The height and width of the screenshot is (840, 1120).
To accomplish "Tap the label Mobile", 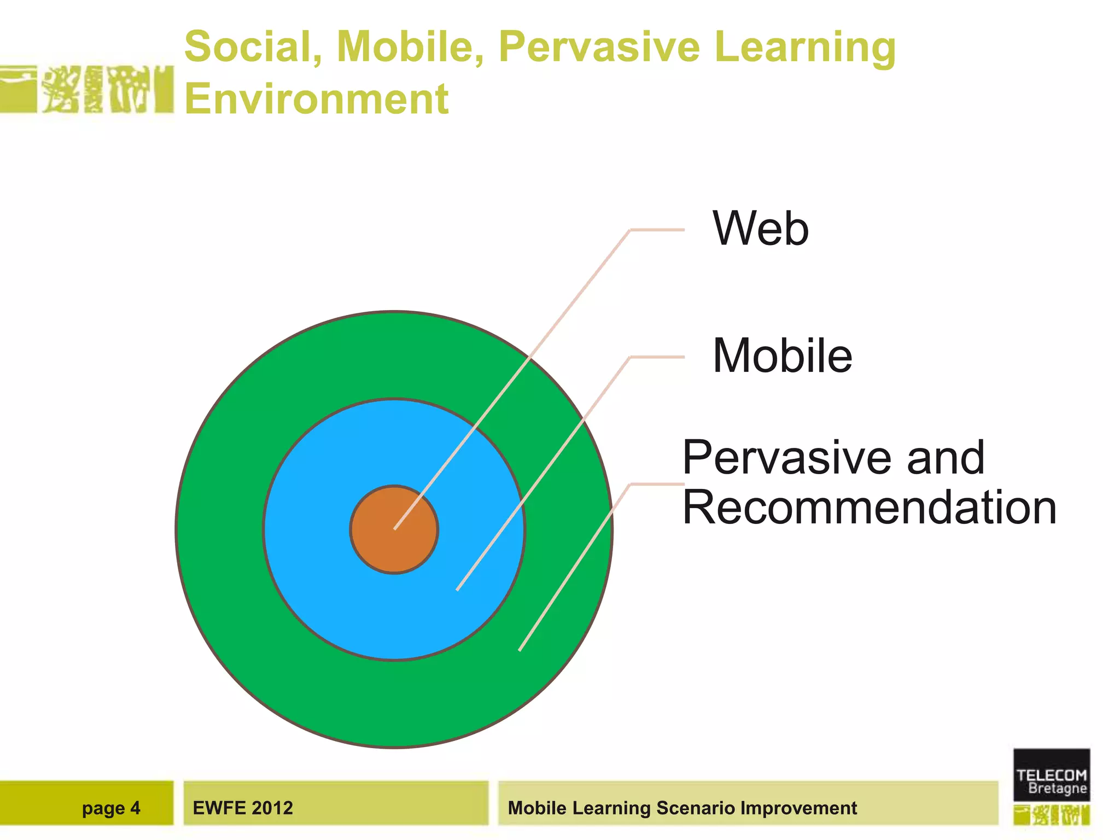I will pyautogui.click(x=782, y=356).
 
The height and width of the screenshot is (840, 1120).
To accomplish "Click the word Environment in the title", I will pyautogui.click(x=316, y=99).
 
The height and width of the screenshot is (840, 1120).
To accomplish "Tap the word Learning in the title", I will pyautogui.click(x=805, y=46).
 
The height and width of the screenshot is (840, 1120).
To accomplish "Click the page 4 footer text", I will pyautogui.click(x=111, y=808).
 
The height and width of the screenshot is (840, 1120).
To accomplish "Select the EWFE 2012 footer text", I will pyautogui.click(x=243, y=808).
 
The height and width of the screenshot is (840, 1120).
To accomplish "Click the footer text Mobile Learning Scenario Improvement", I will pyautogui.click(x=682, y=808).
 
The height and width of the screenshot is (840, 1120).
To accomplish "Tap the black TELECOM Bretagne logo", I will pyautogui.click(x=1051, y=775).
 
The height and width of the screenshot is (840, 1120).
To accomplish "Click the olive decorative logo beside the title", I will pyautogui.click(x=87, y=89).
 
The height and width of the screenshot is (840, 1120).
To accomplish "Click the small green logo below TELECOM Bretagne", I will pyautogui.click(x=1051, y=815).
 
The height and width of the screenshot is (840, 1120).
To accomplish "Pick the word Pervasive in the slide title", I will pyautogui.click(x=599, y=46).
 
